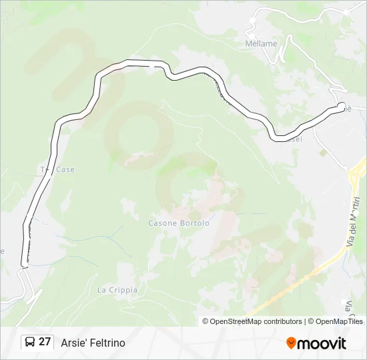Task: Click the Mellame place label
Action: click(x=261, y=43)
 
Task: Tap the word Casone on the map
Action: click(x=161, y=223)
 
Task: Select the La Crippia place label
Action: click(x=117, y=290)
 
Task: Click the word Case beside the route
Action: click(x=65, y=169)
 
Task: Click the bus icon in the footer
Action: click(x=30, y=342)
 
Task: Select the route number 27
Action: click(x=45, y=342)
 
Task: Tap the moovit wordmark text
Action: click(x=322, y=343)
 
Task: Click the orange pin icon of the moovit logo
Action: click(x=291, y=343)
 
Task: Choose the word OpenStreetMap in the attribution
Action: click(x=236, y=321)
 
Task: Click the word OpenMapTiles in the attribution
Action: click(x=339, y=321)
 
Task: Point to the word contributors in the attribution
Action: click(x=283, y=321)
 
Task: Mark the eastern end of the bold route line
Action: click(x=341, y=106)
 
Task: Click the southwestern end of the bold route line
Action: click(x=24, y=266)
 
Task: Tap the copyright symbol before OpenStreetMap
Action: click(x=206, y=321)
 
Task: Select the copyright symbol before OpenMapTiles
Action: click(x=312, y=321)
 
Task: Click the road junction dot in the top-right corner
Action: click(x=346, y=12)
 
